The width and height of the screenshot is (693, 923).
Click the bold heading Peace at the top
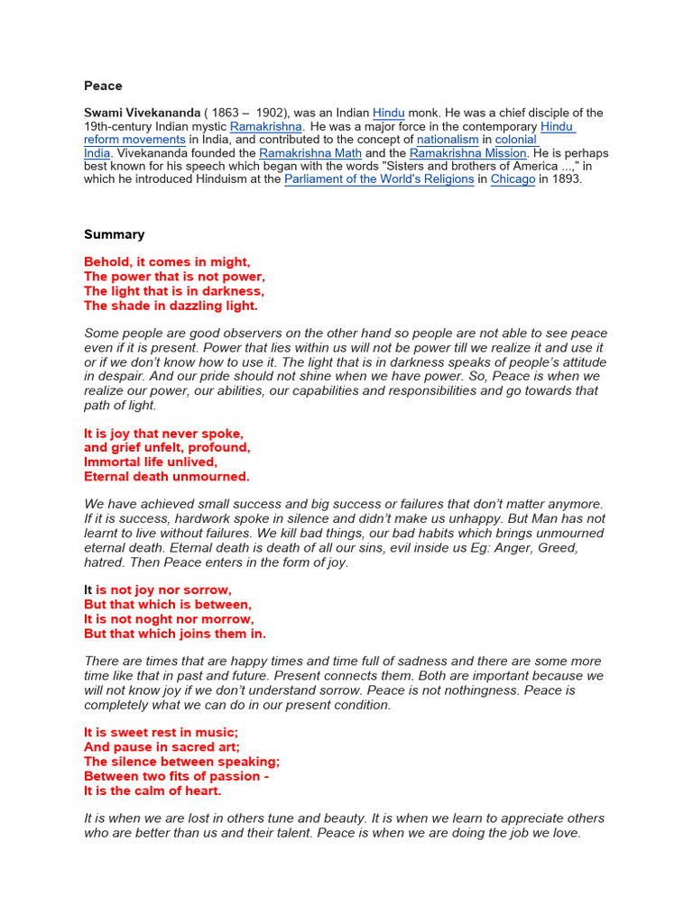[103, 86]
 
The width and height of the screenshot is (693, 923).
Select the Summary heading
[115, 234]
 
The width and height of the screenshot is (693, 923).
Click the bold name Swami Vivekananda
[143, 113]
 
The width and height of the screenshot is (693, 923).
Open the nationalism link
[448, 140]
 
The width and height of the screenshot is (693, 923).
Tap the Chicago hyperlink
[513, 179]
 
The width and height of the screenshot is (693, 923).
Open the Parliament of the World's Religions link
[379, 179]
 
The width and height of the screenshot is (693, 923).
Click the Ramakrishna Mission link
[467, 153]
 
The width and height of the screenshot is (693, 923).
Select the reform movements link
[135, 140]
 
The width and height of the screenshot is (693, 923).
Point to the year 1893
[567, 179]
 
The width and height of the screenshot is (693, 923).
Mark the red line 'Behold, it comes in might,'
[167, 262]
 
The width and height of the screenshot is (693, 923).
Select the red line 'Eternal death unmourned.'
[167, 476]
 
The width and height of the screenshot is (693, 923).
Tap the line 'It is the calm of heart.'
[152, 790]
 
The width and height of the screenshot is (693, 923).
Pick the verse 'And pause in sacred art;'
[162, 747]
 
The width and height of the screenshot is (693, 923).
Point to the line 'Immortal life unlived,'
[151, 461]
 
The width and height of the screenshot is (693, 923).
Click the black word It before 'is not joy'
[88, 589]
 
